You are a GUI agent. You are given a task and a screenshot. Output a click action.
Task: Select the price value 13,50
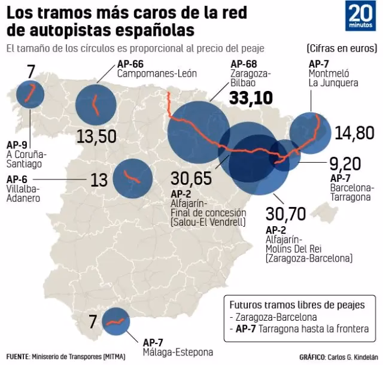(96, 137)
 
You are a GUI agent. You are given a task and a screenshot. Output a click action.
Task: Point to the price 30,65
(190, 178)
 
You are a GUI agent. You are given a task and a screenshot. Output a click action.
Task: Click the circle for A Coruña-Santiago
(30, 94)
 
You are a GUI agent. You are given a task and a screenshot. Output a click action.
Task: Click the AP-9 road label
(16, 144)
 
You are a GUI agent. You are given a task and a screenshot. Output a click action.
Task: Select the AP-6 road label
(16, 178)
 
